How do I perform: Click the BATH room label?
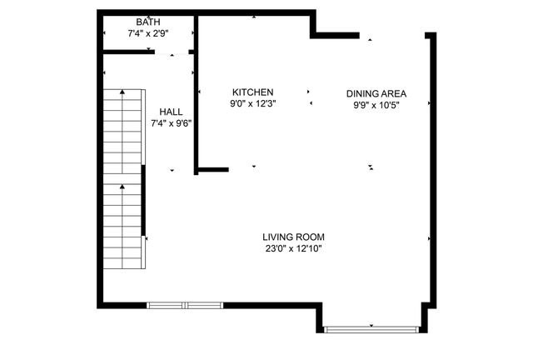click(149, 22)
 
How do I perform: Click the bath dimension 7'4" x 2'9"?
click(149, 34)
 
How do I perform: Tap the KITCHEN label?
click(252, 92)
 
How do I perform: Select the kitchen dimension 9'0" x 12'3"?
click(252, 104)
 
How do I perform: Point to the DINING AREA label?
click(376, 93)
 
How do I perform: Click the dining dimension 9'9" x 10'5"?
click(376, 105)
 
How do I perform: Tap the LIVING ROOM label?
click(293, 237)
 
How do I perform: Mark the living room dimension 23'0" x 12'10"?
click(293, 248)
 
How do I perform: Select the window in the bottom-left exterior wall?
click(185, 305)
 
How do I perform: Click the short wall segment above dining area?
click(335, 36)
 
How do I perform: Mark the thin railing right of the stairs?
click(144, 200)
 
